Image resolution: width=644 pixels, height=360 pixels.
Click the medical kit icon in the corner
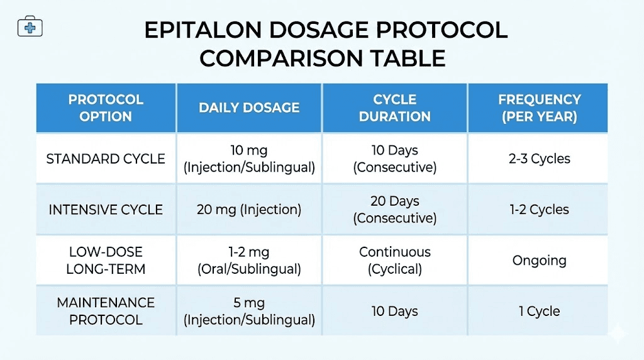pyautogui.click(x=30, y=28)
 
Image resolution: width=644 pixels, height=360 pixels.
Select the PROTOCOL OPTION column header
pyautogui.click(x=106, y=108)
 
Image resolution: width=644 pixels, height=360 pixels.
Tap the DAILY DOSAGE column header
pyautogui.click(x=249, y=108)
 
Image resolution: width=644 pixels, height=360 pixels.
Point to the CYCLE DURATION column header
pyautogui.click(x=394, y=108)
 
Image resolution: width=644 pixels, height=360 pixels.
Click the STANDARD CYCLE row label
pyautogui.click(x=106, y=159)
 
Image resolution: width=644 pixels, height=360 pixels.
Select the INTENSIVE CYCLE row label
pyautogui.click(x=106, y=210)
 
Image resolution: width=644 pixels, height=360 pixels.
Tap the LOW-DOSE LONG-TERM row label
pyautogui.click(x=106, y=261)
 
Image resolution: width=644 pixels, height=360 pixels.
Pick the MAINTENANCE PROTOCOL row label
pyautogui.click(x=106, y=311)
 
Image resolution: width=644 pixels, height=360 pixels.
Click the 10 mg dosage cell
pyautogui.click(x=249, y=159)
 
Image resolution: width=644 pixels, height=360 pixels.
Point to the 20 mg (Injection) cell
pyautogui.click(x=249, y=210)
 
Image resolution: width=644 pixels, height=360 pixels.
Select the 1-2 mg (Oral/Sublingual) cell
pyautogui.click(x=249, y=261)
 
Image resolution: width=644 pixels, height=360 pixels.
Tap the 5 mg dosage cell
pyautogui.click(x=249, y=311)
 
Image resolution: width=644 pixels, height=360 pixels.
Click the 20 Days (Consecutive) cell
pyautogui.click(x=394, y=210)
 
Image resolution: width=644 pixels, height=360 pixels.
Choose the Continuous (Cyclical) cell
pyautogui.click(x=394, y=261)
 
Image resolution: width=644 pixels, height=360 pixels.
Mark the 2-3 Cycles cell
pyautogui.click(x=539, y=159)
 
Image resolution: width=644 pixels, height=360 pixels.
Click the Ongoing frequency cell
pyautogui.click(x=539, y=261)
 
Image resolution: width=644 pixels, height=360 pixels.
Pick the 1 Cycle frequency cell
pyautogui.click(x=539, y=311)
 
